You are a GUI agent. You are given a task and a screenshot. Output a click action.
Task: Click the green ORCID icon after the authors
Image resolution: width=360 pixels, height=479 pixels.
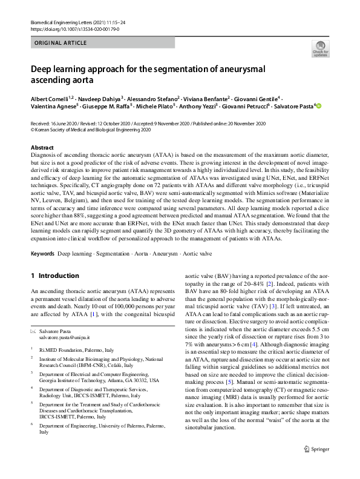[319, 105]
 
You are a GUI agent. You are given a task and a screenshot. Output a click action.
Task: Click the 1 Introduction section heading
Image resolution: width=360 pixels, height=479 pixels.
[55, 276]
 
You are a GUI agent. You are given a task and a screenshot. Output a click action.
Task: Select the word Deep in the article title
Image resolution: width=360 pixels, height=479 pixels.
[44, 69]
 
